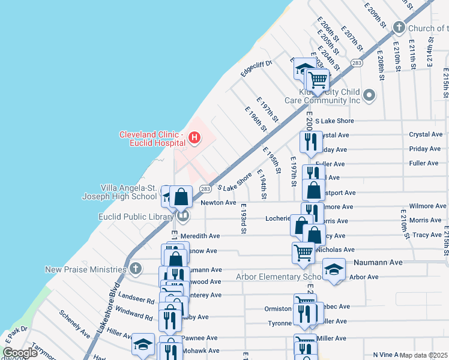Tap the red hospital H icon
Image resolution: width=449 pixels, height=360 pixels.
(x=194, y=139)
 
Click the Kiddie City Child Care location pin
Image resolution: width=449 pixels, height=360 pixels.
(x=369, y=95)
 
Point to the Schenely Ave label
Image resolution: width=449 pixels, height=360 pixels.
(x=74, y=324)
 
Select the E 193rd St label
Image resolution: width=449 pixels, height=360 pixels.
(x=243, y=220)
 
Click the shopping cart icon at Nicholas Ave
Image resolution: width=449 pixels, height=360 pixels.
(x=303, y=253)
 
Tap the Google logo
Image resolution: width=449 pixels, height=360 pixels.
(x=20, y=353)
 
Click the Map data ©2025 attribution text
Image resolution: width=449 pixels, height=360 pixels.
(x=423, y=355)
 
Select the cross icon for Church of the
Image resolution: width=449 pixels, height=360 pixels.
(x=398, y=28)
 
